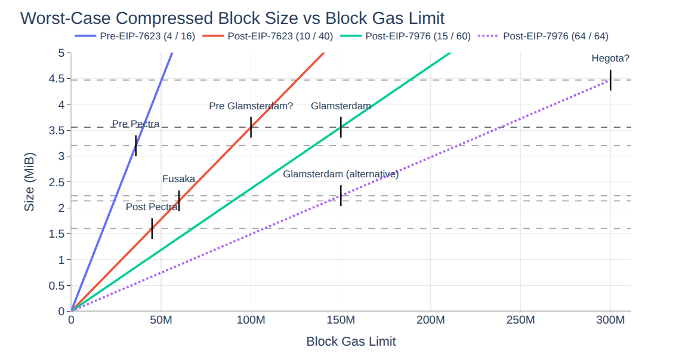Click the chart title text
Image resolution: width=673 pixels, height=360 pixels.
pyautogui.click(x=233, y=17)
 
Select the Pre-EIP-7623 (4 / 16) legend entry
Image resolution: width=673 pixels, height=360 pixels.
pyautogui.click(x=144, y=36)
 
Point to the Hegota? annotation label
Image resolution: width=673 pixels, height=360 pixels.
pyautogui.click(x=610, y=59)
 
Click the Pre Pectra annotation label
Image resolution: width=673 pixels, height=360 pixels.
pyautogui.click(x=136, y=124)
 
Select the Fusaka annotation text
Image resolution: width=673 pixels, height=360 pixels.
pyautogui.click(x=179, y=179)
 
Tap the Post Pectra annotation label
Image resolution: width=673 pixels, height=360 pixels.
pyautogui.click(x=152, y=207)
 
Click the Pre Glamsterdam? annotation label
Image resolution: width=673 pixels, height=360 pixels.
pyautogui.click(x=251, y=106)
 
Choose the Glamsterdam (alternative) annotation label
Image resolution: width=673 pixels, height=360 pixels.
pyautogui.click(x=341, y=174)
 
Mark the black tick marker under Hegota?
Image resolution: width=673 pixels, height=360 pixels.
pyautogui.click(x=610, y=80)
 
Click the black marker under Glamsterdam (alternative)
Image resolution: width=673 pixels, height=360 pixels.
pyautogui.click(x=341, y=195)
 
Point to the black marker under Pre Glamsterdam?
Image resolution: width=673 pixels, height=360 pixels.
pyautogui.click(x=251, y=127)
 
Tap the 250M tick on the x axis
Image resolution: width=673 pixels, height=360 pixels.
pyautogui.click(x=520, y=321)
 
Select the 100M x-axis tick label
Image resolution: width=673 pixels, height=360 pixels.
pyautogui.click(x=251, y=321)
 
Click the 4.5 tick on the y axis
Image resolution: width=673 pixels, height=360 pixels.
pyautogui.click(x=57, y=79)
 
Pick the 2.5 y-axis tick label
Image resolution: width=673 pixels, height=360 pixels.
pyautogui.click(x=57, y=182)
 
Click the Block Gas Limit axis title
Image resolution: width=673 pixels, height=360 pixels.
pyautogui.click(x=351, y=341)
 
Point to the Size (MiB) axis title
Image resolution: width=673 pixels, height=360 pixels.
pyautogui.click(x=29, y=182)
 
